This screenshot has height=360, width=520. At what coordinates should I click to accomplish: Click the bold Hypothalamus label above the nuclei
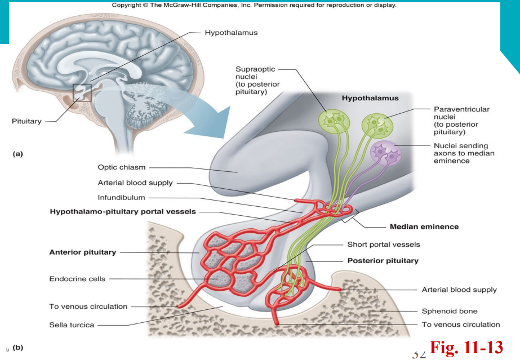pyautogui.click(x=370, y=98)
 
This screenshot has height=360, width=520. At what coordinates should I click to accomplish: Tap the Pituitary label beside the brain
pyautogui.click(x=26, y=122)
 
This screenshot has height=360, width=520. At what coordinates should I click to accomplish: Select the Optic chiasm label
pyautogui.click(x=122, y=167)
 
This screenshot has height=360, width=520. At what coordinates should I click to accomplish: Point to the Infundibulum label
pyautogui.click(x=122, y=198)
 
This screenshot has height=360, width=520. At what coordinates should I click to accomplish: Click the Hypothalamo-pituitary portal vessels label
pyautogui.click(x=123, y=212)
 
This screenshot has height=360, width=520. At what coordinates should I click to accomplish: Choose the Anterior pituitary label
pyautogui.click(x=83, y=252)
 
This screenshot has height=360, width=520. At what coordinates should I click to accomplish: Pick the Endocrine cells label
pyautogui.click(x=77, y=279)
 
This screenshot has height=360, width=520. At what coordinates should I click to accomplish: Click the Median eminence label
pyautogui.click(x=424, y=227)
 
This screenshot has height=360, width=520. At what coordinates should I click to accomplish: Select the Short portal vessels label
pyautogui.click(x=384, y=245)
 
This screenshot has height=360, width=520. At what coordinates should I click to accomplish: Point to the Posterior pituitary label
pyautogui.click(x=383, y=261)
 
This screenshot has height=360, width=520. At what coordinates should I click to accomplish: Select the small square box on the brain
pyautogui.click(x=82, y=92)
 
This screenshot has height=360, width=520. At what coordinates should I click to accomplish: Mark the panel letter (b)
pyautogui.click(x=17, y=348)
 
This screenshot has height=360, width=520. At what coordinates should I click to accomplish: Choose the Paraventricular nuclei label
pyautogui.click(x=461, y=121)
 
